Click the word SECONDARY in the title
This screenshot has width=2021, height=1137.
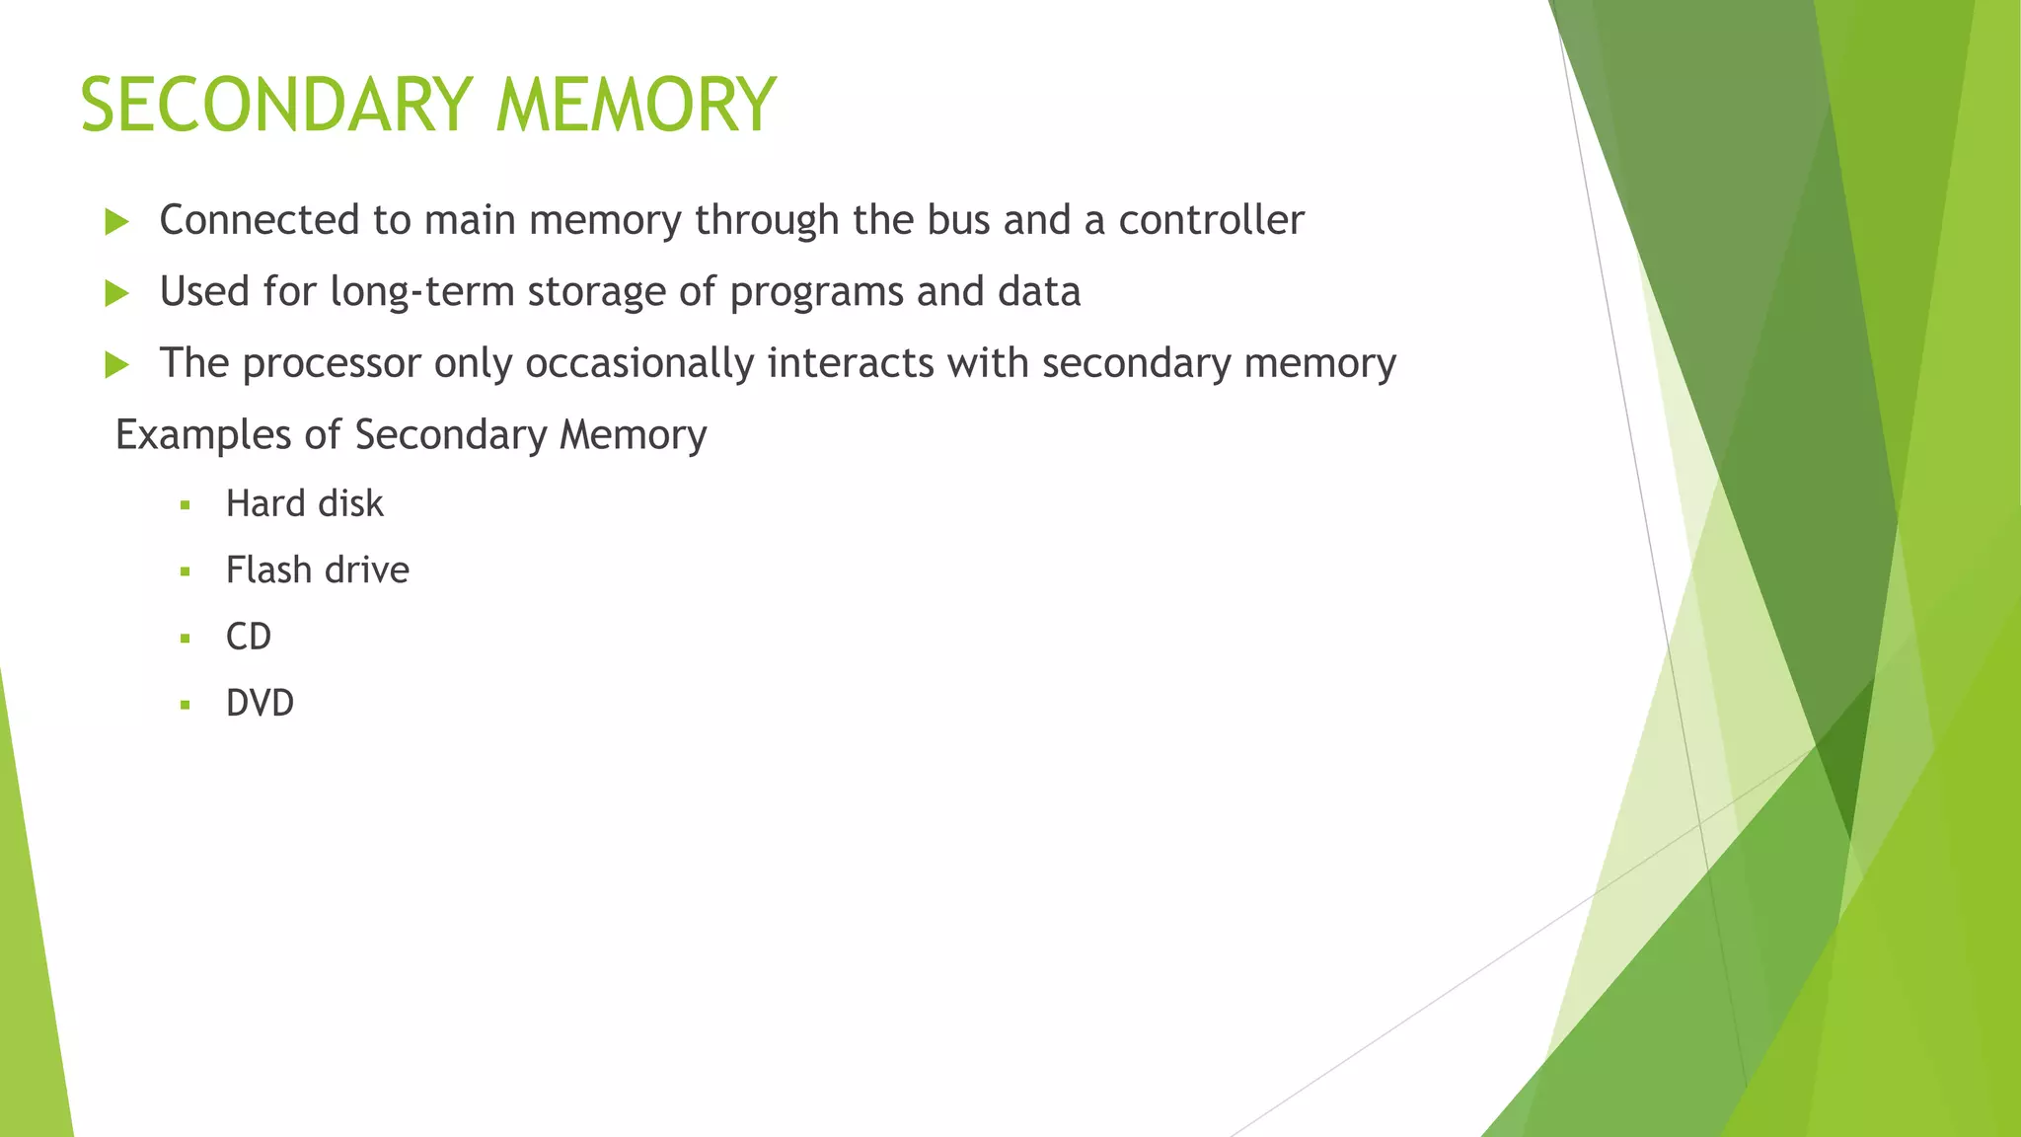[x=277, y=105]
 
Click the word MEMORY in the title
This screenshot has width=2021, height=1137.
[x=636, y=105]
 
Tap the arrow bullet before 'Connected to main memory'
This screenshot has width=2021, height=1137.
[x=116, y=222]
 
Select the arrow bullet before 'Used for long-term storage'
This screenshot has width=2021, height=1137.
[x=116, y=293]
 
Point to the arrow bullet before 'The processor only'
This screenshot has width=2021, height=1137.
[x=116, y=365]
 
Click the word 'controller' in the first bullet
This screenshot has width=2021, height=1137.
[x=1211, y=220]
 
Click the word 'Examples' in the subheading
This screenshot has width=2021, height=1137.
[x=203, y=435]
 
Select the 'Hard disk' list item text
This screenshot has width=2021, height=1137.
[x=304, y=504]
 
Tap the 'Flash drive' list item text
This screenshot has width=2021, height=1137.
[x=317, y=570]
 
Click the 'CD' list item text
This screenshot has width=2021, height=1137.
[x=249, y=637]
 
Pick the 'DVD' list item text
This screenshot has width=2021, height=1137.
[x=260, y=704]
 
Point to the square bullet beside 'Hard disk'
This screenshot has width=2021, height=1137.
[x=185, y=506]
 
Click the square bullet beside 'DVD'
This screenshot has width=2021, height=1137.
[x=185, y=706]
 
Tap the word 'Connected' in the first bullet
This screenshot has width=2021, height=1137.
[x=260, y=220]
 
